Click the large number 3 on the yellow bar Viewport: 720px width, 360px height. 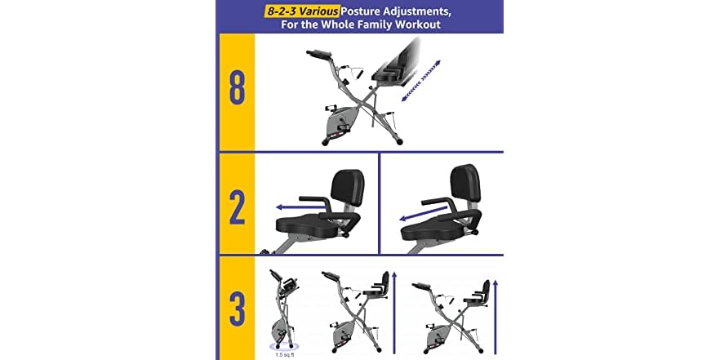pos(236,309)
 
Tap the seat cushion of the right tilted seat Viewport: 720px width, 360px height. pos(433,231)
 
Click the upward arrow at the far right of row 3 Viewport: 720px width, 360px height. pos(496,314)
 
